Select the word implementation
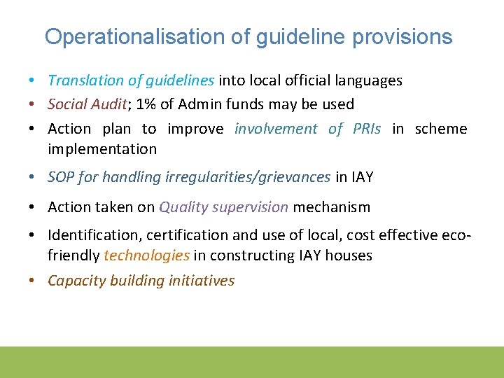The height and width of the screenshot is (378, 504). click(x=102, y=149)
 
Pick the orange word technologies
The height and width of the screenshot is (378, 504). click(x=146, y=256)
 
